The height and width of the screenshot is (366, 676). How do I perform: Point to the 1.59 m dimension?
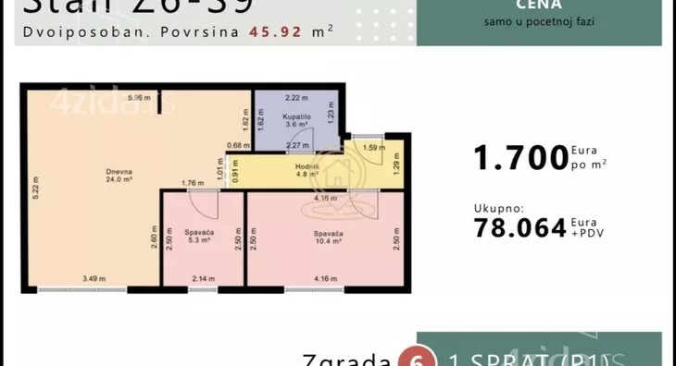pyautogui.click(x=373, y=148)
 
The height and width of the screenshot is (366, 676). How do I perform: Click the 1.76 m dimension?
pyautogui.click(x=192, y=182)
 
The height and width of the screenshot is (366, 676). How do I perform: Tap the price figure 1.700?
pyautogui.click(x=520, y=158)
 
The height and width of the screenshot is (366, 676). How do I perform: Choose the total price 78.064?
pyautogui.click(x=520, y=227)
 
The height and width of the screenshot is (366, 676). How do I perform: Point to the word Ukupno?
pyautogui.click(x=499, y=209)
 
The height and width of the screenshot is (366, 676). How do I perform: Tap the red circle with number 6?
pyautogui.click(x=411, y=360)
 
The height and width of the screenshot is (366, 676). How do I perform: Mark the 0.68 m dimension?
pyautogui.click(x=239, y=145)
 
